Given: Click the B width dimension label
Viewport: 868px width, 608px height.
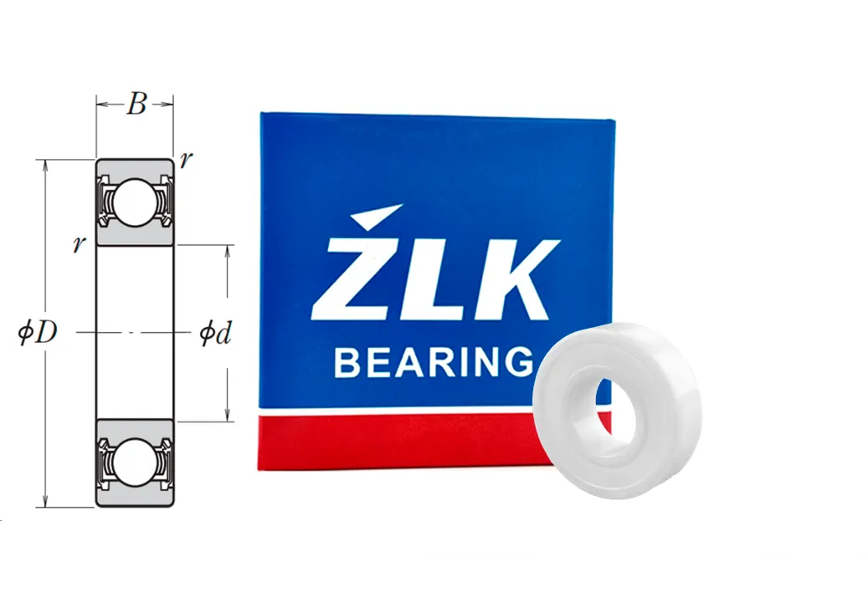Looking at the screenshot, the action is click(136, 104).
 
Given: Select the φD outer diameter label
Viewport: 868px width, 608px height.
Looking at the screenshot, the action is click(38, 333).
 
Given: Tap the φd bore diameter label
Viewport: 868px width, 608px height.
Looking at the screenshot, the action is click(215, 334).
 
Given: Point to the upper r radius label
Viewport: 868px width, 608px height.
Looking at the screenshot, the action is click(187, 160).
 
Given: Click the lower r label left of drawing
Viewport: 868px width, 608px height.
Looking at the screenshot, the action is click(80, 244).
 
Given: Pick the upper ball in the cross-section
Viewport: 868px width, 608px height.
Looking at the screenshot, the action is click(135, 202).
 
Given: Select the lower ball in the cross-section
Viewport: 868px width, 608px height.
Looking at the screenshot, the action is click(135, 462).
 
